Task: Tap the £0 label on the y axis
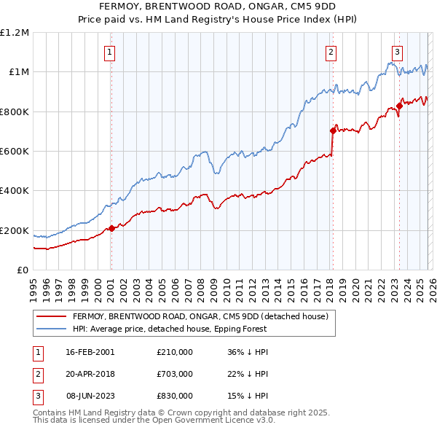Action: (23, 270)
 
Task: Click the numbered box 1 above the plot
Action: (109, 52)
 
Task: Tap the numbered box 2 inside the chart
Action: (331, 52)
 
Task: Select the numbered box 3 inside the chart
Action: (398, 52)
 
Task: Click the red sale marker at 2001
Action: (111, 229)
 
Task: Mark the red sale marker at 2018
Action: (333, 131)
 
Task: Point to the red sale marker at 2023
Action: (399, 106)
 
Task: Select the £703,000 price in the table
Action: (175, 373)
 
